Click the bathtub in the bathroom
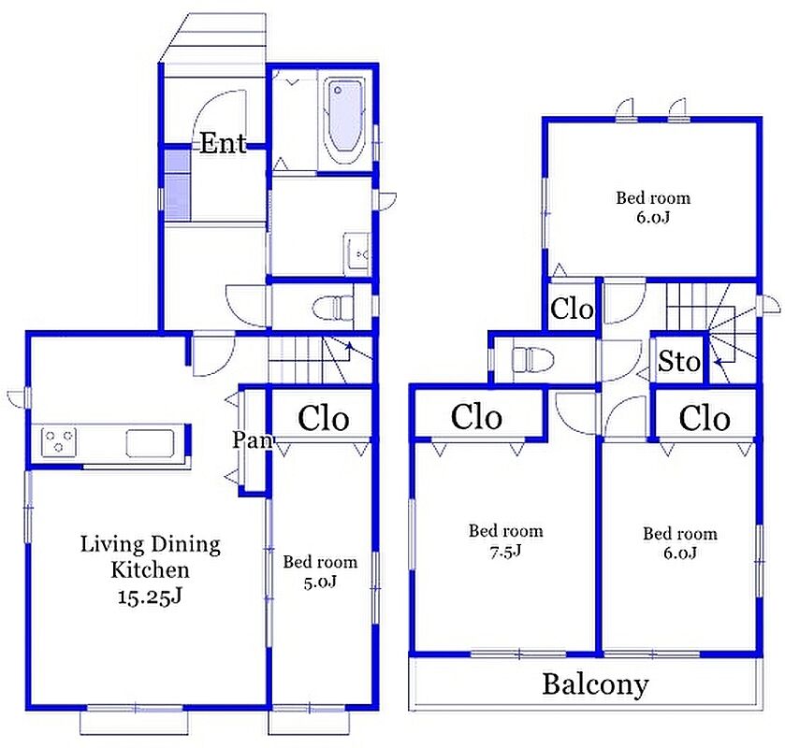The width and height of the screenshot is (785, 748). click(343, 120)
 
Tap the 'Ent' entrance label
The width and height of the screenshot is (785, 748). click(224, 144)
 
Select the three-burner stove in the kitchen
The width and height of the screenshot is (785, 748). click(59, 441)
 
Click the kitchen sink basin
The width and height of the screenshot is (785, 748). click(151, 443)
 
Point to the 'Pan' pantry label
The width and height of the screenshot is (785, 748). click(253, 440)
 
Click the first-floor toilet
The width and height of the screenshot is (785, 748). click(333, 308)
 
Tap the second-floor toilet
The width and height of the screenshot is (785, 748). click(532, 359)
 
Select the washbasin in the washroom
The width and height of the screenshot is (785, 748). click(357, 253)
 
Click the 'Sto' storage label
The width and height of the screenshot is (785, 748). click(679, 361)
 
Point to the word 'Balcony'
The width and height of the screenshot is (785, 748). click(595, 684)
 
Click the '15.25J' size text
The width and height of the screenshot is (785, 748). click(150, 597)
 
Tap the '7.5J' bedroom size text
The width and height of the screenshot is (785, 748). click(505, 551)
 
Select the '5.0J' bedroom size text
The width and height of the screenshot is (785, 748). click(320, 582)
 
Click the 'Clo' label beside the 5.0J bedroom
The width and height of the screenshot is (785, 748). click(324, 418)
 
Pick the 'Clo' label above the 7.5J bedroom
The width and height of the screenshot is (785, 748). click(476, 417)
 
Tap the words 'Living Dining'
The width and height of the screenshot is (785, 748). click(151, 544)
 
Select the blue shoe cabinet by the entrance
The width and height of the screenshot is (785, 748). click(178, 185)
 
